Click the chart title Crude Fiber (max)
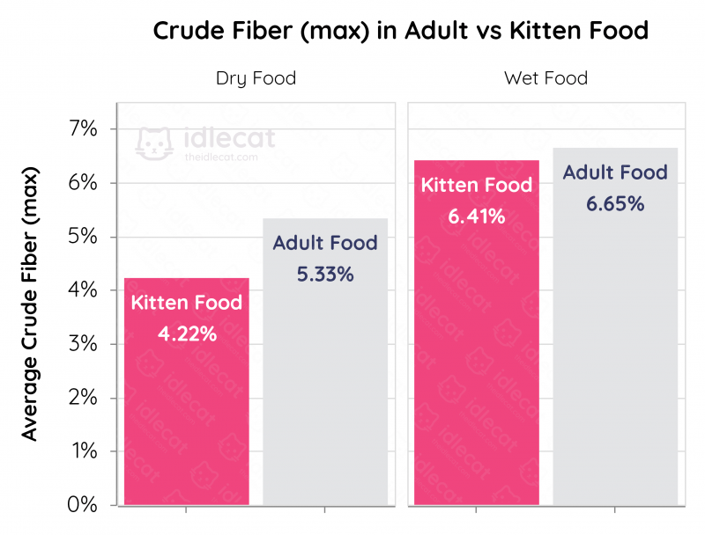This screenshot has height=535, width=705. pos(401,31)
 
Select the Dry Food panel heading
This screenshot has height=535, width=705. pos(256,78)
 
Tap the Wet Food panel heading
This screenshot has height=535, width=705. pos(545,78)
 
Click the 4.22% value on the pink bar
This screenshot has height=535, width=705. pos(187,334)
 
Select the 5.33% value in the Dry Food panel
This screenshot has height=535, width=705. pos(325,275)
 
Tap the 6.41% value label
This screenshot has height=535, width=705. pos(476,216)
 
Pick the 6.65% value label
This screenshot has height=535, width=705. pos(615,204)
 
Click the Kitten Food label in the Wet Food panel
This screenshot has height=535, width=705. pos(476,186)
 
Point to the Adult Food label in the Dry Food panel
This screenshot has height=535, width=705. pos(325,244)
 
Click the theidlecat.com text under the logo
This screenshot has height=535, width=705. pos(221,158)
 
